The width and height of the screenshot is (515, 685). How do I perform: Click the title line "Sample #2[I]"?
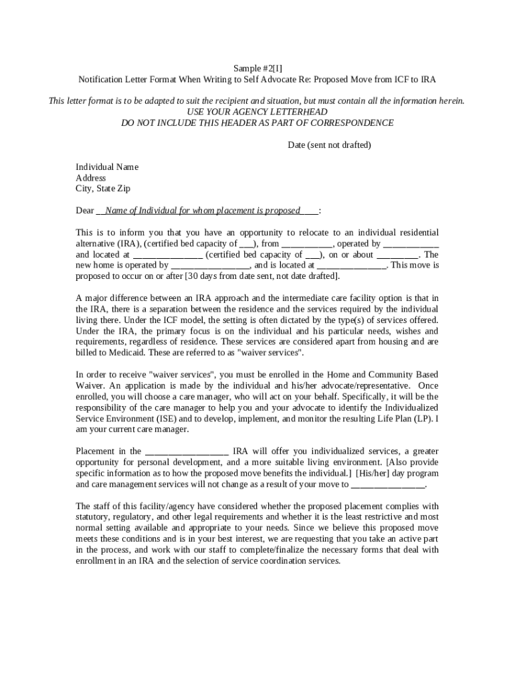click(x=257, y=68)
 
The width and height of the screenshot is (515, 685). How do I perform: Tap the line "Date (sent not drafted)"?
click(x=329, y=145)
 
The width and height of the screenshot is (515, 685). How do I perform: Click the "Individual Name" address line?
click(x=107, y=167)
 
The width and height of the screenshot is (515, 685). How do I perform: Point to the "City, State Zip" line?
click(x=103, y=189)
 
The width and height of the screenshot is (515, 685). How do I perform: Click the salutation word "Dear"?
click(x=84, y=211)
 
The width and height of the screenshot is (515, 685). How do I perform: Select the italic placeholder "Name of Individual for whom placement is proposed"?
click(x=203, y=211)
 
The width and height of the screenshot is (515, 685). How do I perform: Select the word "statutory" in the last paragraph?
click(x=92, y=517)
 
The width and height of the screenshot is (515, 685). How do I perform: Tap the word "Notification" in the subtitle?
click(x=102, y=80)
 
